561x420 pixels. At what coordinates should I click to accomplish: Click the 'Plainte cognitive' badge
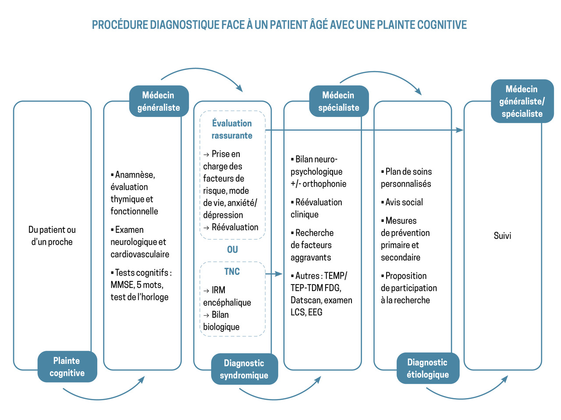point(67,367)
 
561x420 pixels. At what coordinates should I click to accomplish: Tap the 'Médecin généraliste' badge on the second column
point(159,101)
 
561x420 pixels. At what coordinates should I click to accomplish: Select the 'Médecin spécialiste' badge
point(339,101)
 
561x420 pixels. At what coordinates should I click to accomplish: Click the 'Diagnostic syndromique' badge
point(244,369)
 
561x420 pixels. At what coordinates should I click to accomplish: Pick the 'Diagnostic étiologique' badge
point(428,368)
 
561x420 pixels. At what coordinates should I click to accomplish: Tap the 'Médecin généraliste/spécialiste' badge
point(522,101)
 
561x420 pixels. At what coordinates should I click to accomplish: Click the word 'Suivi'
point(502,236)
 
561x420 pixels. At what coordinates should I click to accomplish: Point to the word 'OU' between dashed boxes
point(232,249)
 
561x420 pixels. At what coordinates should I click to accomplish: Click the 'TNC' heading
point(232,271)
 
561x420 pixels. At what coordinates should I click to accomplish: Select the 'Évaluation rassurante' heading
point(232,129)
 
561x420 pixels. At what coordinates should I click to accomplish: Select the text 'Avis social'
point(404,202)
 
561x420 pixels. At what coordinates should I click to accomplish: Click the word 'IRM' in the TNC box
point(218,290)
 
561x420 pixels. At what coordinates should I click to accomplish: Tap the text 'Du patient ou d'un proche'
point(52,236)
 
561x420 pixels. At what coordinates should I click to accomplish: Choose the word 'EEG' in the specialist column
point(315,313)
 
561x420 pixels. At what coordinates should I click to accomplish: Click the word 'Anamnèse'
point(135,174)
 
